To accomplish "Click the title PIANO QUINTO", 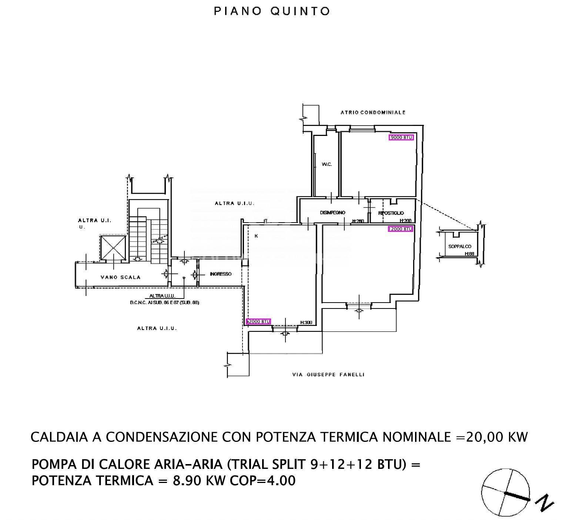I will click(272, 11).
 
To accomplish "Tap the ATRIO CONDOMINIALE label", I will click(372, 112).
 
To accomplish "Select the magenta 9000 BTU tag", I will click(401, 137).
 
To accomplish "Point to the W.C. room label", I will click(327, 164).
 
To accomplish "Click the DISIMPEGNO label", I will click(332, 213).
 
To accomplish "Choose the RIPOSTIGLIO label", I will click(391, 213).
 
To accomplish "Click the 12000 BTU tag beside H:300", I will click(258, 321).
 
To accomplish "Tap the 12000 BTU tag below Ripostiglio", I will click(400, 229).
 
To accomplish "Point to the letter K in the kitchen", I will click(256, 236).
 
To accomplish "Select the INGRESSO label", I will click(220, 274).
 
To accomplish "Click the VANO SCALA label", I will click(120, 277).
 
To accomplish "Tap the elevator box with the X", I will click(113, 247).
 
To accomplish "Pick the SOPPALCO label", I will click(460, 246).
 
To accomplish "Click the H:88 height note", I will click(469, 254).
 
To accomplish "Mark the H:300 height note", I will click(306, 323).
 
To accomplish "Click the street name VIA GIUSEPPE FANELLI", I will click(328, 374).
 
